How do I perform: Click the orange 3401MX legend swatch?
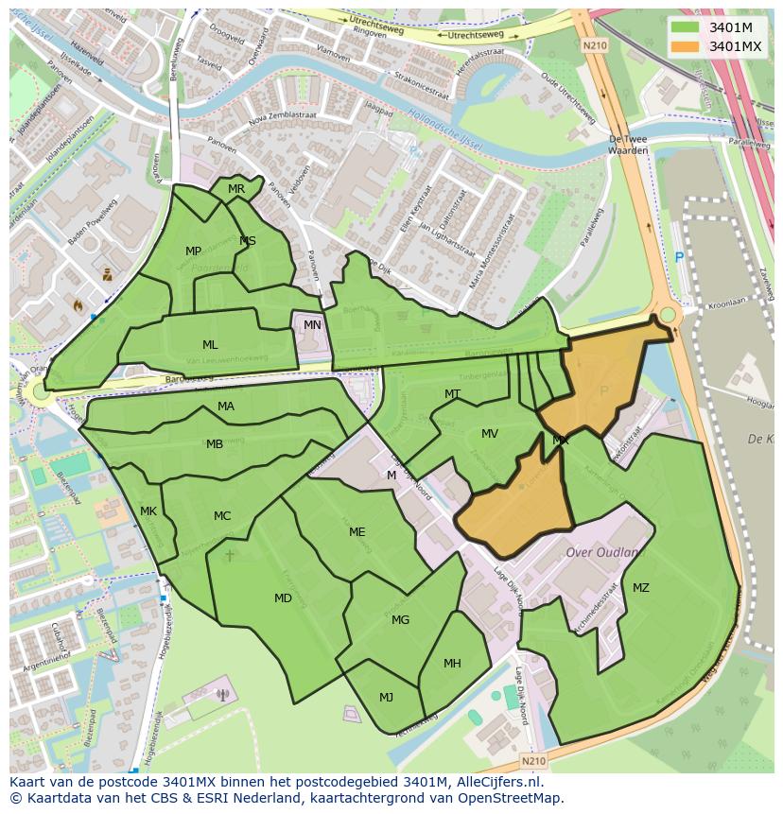686,46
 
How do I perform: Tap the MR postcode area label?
236,189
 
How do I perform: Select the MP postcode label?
193,251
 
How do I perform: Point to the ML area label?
210,345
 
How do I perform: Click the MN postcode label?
312,325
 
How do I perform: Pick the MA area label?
226,407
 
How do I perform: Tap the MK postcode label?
148,511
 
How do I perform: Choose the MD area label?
283,598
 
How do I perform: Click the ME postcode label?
357,532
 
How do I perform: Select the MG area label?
400,620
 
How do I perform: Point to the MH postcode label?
452,664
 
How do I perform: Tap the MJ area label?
386,698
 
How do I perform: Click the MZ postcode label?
640,588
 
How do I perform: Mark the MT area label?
452,394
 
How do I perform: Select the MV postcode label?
489,434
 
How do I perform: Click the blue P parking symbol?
678,257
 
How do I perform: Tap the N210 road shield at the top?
594,44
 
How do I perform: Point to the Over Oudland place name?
602,552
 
